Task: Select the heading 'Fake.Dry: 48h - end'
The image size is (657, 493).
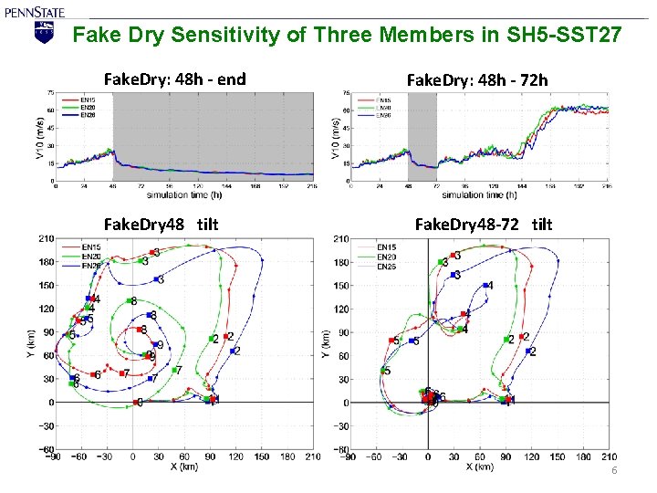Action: point(175,79)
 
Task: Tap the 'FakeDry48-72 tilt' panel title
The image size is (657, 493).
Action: point(484,224)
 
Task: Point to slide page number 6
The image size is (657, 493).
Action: point(614,470)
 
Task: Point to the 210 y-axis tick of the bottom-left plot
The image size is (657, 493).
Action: point(44,239)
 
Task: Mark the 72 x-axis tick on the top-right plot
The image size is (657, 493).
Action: point(436,186)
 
